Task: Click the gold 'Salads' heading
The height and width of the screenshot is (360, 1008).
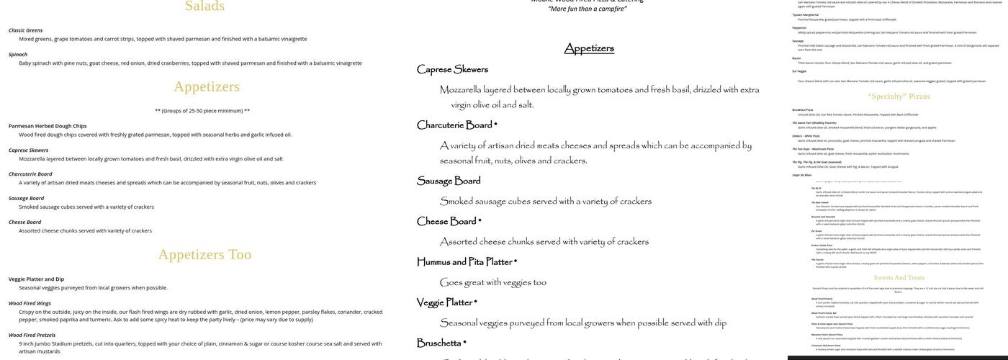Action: click(x=204, y=6)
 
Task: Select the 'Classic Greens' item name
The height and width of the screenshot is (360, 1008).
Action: click(x=25, y=30)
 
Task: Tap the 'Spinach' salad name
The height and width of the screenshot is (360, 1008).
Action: click(x=18, y=55)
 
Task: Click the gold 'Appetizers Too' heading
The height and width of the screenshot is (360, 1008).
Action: click(x=204, y=254)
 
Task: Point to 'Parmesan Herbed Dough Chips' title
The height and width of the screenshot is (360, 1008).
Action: click(x=48, y=126)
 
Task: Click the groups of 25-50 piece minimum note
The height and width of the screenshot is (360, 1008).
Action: click(x=202, y=111)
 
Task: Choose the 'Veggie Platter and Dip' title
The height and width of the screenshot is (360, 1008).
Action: click(x=36, y=279)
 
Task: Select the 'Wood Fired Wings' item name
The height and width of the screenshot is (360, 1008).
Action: click(x=30, y=304)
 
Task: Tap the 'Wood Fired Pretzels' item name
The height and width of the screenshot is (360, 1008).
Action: click(x=32, y=336)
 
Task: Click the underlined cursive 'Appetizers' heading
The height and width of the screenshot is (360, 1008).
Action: click(x=589, y=48)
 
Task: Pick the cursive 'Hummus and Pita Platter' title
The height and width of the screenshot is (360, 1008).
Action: click(x=467, y=261)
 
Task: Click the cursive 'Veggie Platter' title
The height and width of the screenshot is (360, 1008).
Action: click(x=446, y=302)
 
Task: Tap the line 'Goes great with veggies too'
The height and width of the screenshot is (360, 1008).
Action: click(x=492, y=282)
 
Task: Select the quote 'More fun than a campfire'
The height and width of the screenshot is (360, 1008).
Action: click(x=588, y=9)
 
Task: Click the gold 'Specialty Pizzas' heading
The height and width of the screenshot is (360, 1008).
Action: click(x=899, y=96)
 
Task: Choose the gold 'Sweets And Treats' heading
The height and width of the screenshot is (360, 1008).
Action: click(x=899, y=278)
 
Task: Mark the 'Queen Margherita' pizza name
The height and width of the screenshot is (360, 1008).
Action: click(x=806, y=14)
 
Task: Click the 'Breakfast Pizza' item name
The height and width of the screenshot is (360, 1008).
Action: click(x=803, y=110)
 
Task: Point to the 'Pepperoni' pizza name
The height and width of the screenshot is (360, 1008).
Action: click(x=800, y=27)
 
